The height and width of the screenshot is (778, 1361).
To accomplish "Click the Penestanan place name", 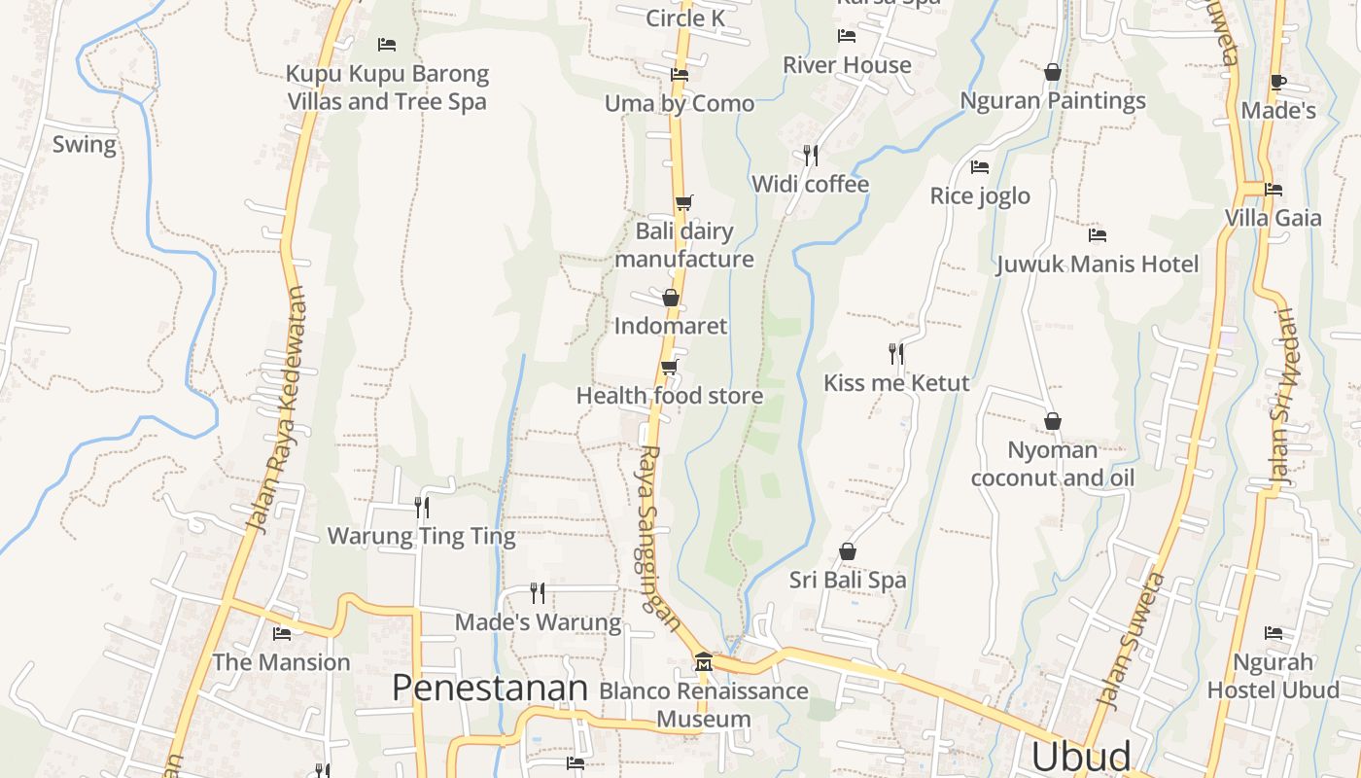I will [490, 688].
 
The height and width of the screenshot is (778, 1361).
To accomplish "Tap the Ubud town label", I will [1081, 756].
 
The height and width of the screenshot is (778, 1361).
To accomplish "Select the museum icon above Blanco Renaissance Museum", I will [703, 662].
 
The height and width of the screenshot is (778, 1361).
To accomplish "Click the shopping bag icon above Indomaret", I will [670, 297].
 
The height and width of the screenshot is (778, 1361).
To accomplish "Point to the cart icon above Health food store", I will [669, 367].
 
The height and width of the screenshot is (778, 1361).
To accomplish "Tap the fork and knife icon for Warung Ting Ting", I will [422, 507].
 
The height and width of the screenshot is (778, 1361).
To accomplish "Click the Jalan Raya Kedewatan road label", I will [276, 408].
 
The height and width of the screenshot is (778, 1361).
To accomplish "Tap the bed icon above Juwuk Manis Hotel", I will [1098, 234].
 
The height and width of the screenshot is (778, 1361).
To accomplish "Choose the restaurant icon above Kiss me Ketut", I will [896, 353].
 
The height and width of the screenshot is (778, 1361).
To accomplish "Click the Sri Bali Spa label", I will [848, 581].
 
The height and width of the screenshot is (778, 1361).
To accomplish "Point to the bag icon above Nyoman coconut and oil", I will [1052, 421].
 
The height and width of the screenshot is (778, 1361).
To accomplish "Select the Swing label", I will [84, 145].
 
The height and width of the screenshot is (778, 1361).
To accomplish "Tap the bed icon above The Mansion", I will [282, 633].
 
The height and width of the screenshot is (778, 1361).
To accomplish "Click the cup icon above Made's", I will [1277, 82].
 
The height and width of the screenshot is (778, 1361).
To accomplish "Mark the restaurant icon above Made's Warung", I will [537, 592].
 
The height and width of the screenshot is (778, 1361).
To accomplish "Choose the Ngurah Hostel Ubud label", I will [1273, 676].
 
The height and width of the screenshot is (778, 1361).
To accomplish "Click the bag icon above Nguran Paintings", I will [1052, 72].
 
